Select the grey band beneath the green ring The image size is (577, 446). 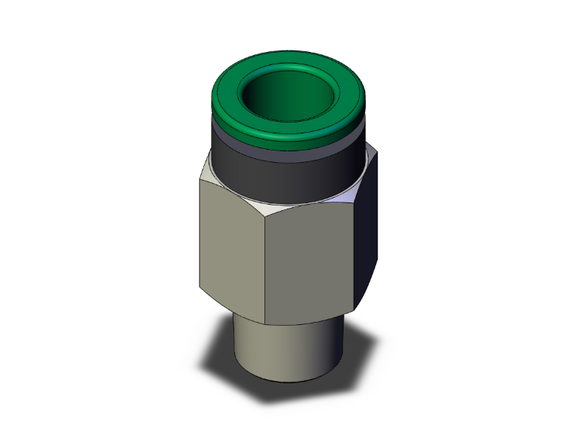(287, 150)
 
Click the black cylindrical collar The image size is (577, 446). (287, 175)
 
